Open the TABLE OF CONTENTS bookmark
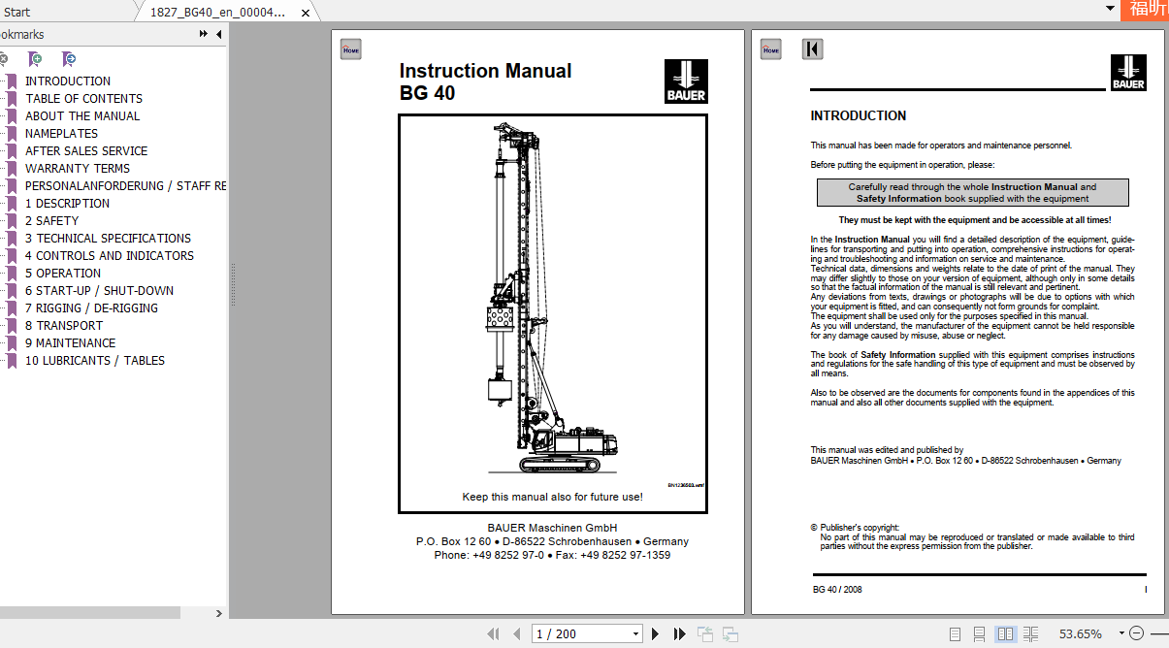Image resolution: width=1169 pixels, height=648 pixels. pos(83,98)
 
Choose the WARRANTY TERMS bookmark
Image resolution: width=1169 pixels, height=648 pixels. pos(78,168)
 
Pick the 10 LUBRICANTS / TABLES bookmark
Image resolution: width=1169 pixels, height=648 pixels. pos(95,360)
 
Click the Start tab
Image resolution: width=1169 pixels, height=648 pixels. pos(16,12)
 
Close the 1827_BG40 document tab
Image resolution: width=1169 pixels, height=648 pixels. pos(306,13)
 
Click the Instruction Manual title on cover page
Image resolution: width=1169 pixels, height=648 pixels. pos(485,71)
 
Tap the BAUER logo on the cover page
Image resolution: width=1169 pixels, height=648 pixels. pos(686,81)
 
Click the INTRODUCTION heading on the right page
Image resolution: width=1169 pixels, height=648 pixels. pos(858,115)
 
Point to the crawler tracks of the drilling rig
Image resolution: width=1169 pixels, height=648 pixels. pos(561,464)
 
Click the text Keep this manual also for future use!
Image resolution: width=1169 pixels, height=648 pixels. pos(552,497)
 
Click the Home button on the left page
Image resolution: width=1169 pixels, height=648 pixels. pos(350,49)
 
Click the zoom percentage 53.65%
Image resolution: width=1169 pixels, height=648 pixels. pos(1080,633)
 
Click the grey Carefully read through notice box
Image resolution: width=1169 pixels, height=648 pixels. pos(972,192)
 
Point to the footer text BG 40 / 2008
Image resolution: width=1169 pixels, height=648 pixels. pos(837,589)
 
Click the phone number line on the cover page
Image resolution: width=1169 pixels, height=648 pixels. pos(552,555)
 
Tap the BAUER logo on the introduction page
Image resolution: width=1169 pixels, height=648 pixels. pos(1128,73)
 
